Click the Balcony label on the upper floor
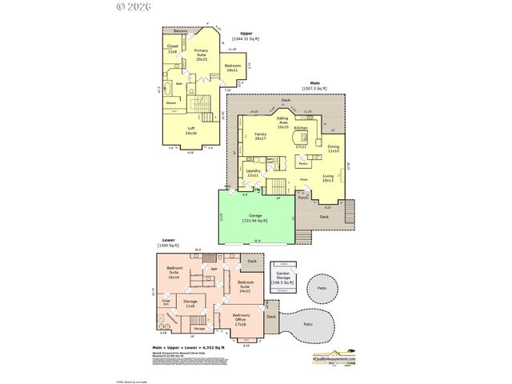[x=181, y=31]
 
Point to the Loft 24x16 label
[x=190, y=130]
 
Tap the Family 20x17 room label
[x=260, y=136]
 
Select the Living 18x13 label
[x=328, y=178]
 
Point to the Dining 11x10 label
[x=334, y=149]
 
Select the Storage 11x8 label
[x=190, y=304]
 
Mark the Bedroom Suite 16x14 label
[x=174, y=274]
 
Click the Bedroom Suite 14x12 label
[x=245, y=285]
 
